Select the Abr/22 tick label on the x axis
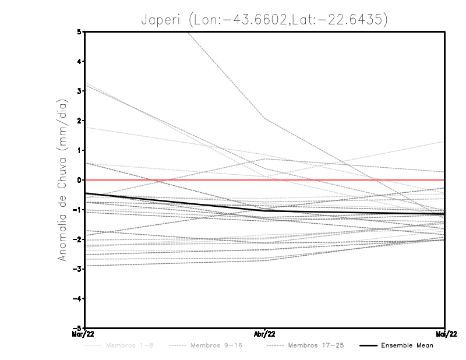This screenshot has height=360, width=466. coord(265,334)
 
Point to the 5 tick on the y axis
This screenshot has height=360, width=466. coord(79,31)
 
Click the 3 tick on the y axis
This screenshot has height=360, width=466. coord(79,91)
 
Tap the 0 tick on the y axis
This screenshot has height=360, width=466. coord(79,180)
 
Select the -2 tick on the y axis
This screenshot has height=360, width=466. coord(77,239)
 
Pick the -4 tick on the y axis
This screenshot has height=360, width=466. coord(77,298)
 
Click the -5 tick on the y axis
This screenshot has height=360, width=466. coord(77,327)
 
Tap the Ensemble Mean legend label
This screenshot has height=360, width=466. coord(407,346)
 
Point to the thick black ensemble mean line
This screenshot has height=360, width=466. coord(175,202)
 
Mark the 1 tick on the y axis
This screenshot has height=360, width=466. coord(79,150)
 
